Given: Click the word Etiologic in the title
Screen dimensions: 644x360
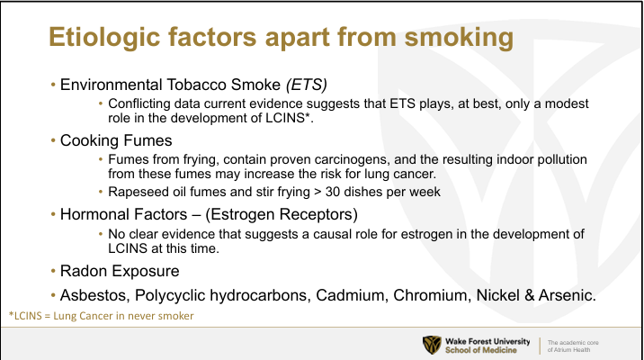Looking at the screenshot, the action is [x=104, y=38].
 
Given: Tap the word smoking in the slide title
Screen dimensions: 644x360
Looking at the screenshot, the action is [x=459, y=38].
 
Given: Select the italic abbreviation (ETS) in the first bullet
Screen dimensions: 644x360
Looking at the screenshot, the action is [x=307, y=85].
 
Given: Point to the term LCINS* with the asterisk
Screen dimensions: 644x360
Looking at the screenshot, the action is [x=287, y=118].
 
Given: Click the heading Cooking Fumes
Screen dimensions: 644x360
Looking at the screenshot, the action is [x=116, y=140].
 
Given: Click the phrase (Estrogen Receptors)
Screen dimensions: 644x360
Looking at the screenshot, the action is [x=282, y=214].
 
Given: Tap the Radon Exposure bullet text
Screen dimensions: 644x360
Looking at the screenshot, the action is [x=120, y=271].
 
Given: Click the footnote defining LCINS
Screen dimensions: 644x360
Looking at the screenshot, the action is [x=101, y=316].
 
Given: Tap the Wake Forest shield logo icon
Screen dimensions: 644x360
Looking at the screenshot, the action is [x=432, y=346].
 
